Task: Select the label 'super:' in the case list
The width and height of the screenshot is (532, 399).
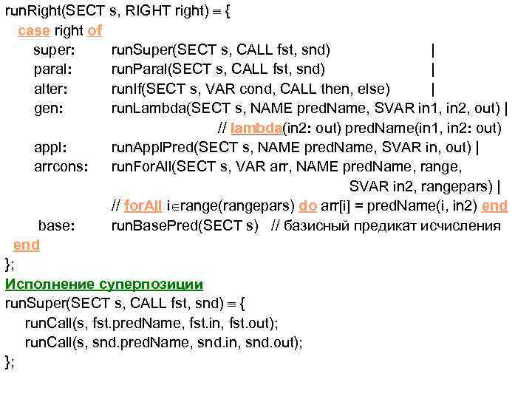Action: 53,50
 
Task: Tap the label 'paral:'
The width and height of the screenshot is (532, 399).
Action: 53,69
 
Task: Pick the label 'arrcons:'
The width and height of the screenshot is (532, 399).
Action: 61,167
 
